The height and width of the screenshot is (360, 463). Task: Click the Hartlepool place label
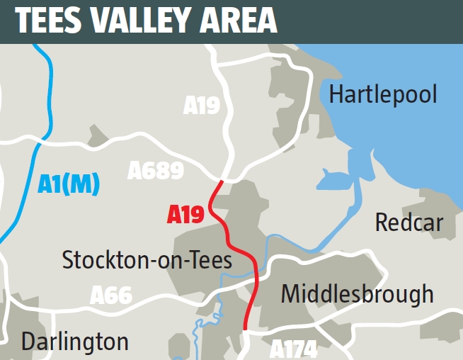[383, 94]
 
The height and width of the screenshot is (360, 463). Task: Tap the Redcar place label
[408, 223]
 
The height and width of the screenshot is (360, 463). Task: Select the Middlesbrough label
[357, 293]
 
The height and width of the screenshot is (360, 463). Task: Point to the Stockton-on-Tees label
[147, 260]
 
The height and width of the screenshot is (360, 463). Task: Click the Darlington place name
[75, 342]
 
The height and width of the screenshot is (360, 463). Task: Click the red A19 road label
[185, 214]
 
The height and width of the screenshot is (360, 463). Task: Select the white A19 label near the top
[202, 106]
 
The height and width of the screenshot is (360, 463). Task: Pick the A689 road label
[156, 170]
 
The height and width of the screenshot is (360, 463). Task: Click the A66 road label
[111, 295]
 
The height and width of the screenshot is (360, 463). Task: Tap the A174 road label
[293, 349]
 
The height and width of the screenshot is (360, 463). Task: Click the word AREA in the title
[240, 22]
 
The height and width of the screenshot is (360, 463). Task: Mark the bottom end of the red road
[245, 327]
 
